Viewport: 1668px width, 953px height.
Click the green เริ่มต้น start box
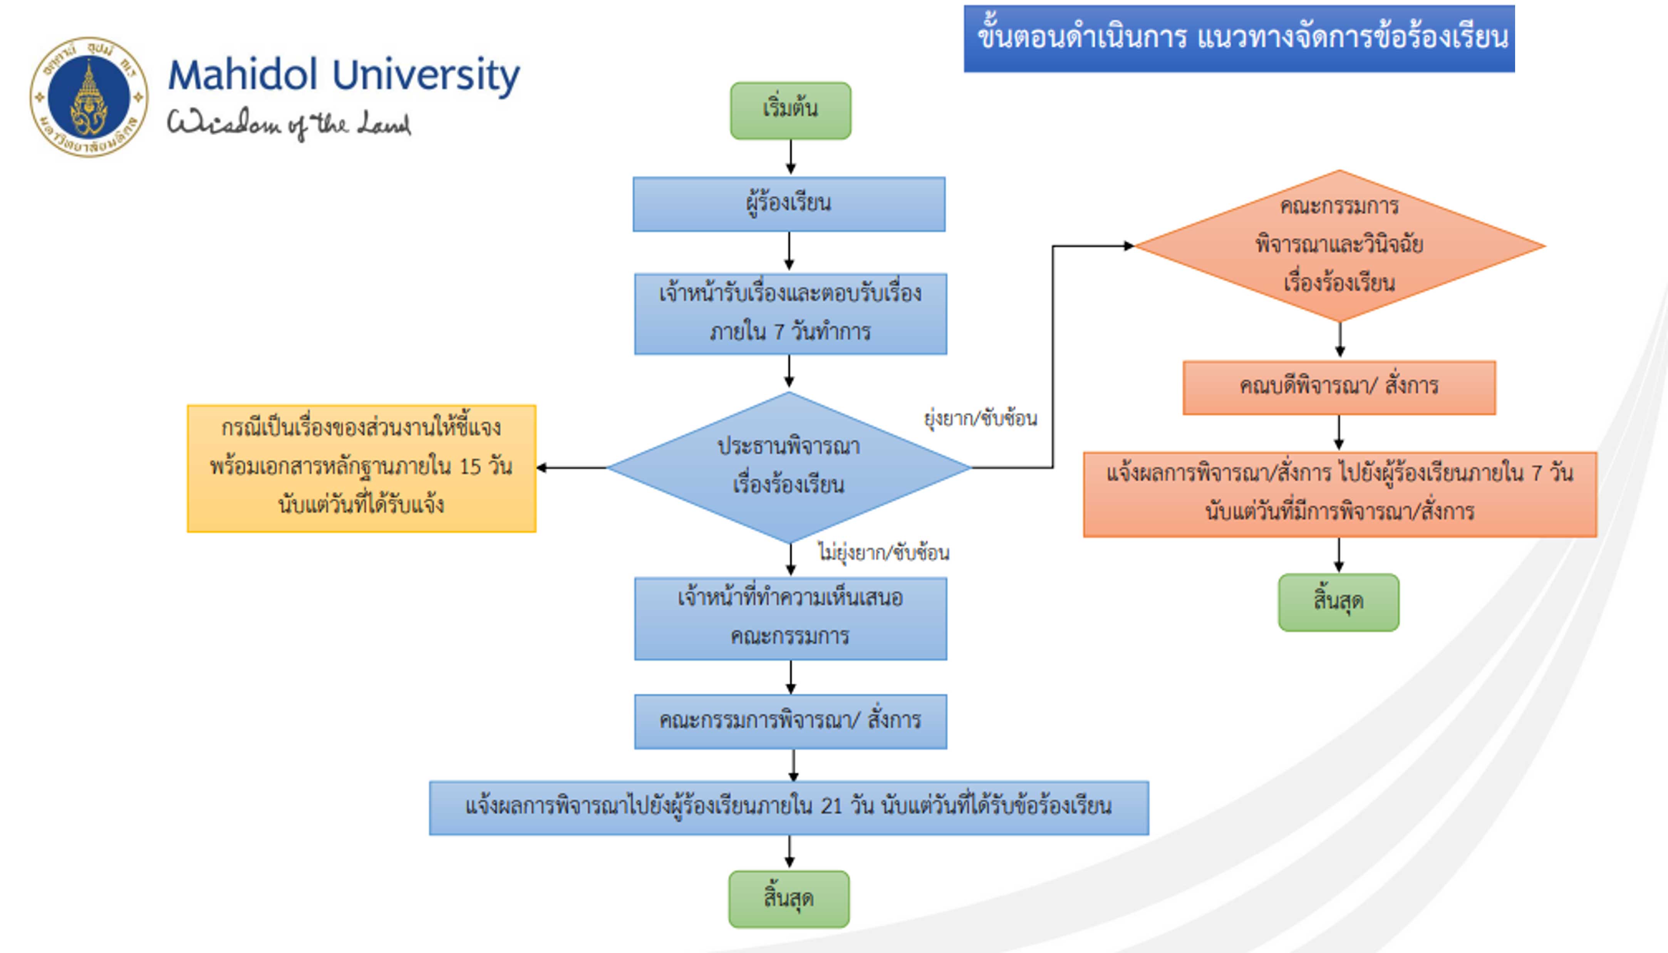[x=790, y=110]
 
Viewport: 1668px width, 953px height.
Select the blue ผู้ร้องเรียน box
[x=789, y=204]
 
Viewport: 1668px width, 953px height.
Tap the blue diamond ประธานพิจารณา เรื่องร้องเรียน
[x=789, y=467]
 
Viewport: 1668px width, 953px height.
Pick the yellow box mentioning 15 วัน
[x=361, y=468]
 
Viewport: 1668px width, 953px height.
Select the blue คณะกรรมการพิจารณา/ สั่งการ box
[x=790, y=721]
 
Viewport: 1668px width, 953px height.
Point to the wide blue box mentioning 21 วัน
[x=789, y=807]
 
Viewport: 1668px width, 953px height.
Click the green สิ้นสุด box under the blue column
[x=789, y=899]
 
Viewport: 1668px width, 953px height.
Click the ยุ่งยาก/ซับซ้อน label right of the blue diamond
[x=980, y=418]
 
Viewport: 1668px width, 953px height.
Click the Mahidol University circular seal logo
[x=89, y=97]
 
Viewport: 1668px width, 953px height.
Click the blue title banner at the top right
[x=1239, y=38]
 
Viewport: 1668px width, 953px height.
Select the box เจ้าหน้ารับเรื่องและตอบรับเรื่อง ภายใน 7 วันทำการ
[x=790, y=313]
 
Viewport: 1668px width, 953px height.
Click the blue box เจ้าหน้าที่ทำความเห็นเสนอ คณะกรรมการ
[x=790, y=618]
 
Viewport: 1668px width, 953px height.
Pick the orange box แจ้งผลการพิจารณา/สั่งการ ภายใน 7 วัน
[x=1339, y=494]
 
